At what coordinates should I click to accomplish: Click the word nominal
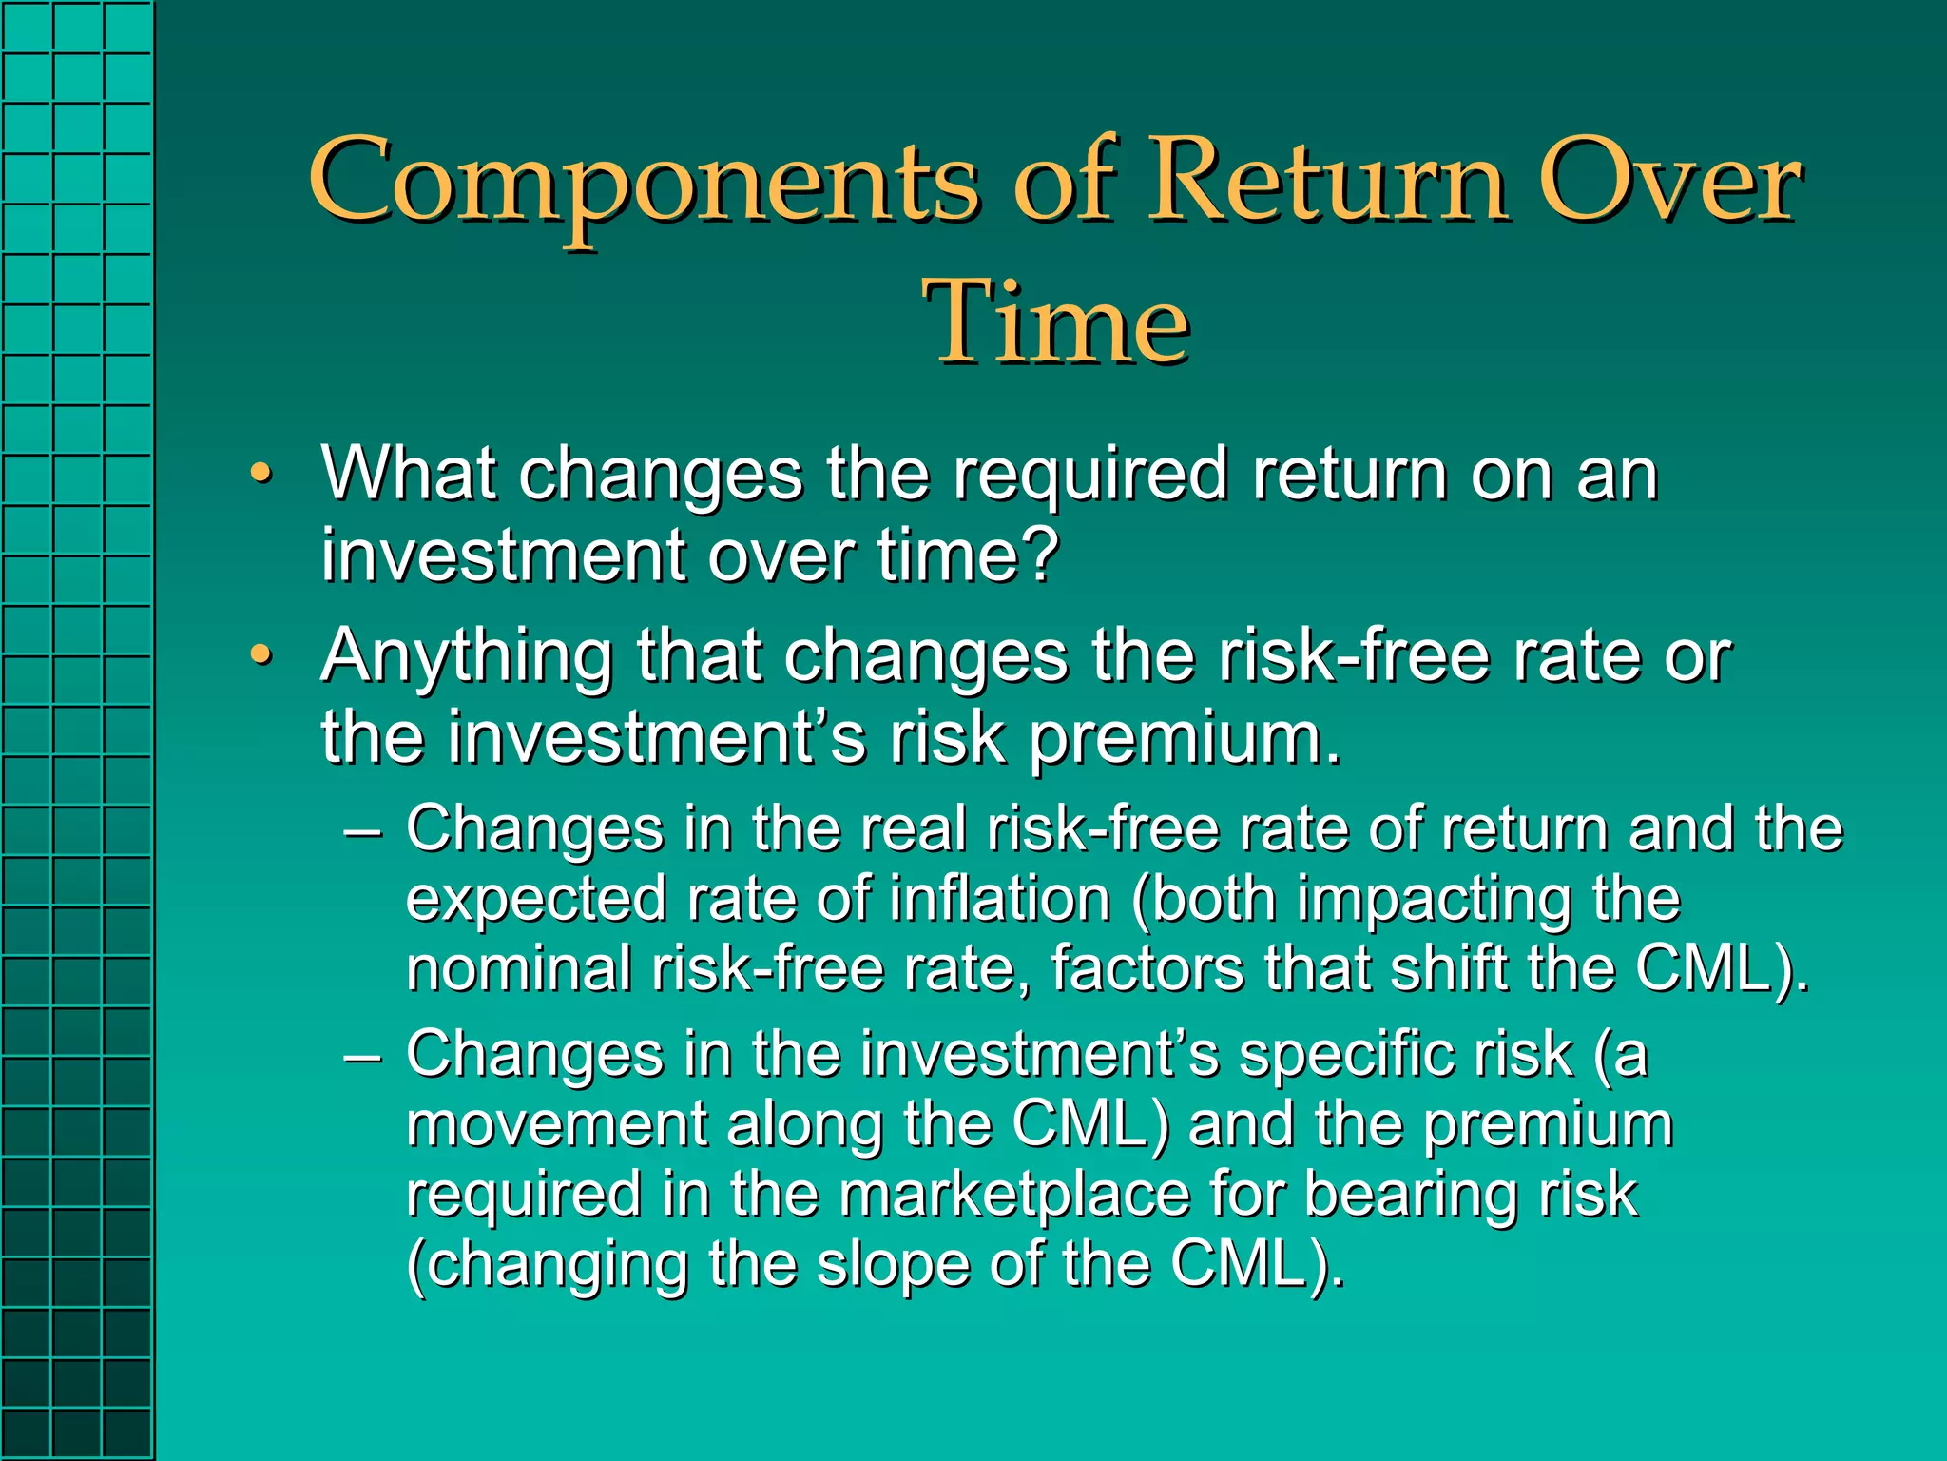point(519,969)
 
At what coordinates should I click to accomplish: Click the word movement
point(556,1125)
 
